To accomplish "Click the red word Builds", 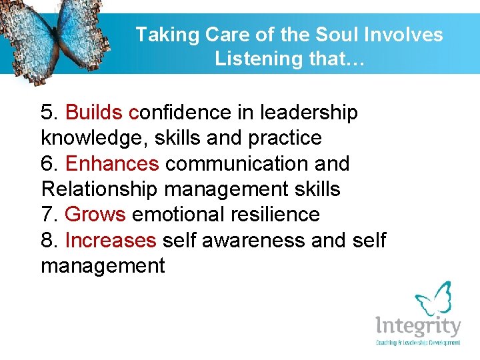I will tap(98, 113).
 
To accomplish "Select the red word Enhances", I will tap(113, 163).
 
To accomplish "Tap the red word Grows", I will tap(95, 214).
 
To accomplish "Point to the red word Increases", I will tap(111, 239).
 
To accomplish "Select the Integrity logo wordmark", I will tap(417, 327).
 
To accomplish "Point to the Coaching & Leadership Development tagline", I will tap(418, 343).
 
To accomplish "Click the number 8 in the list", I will tap(46, 239).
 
